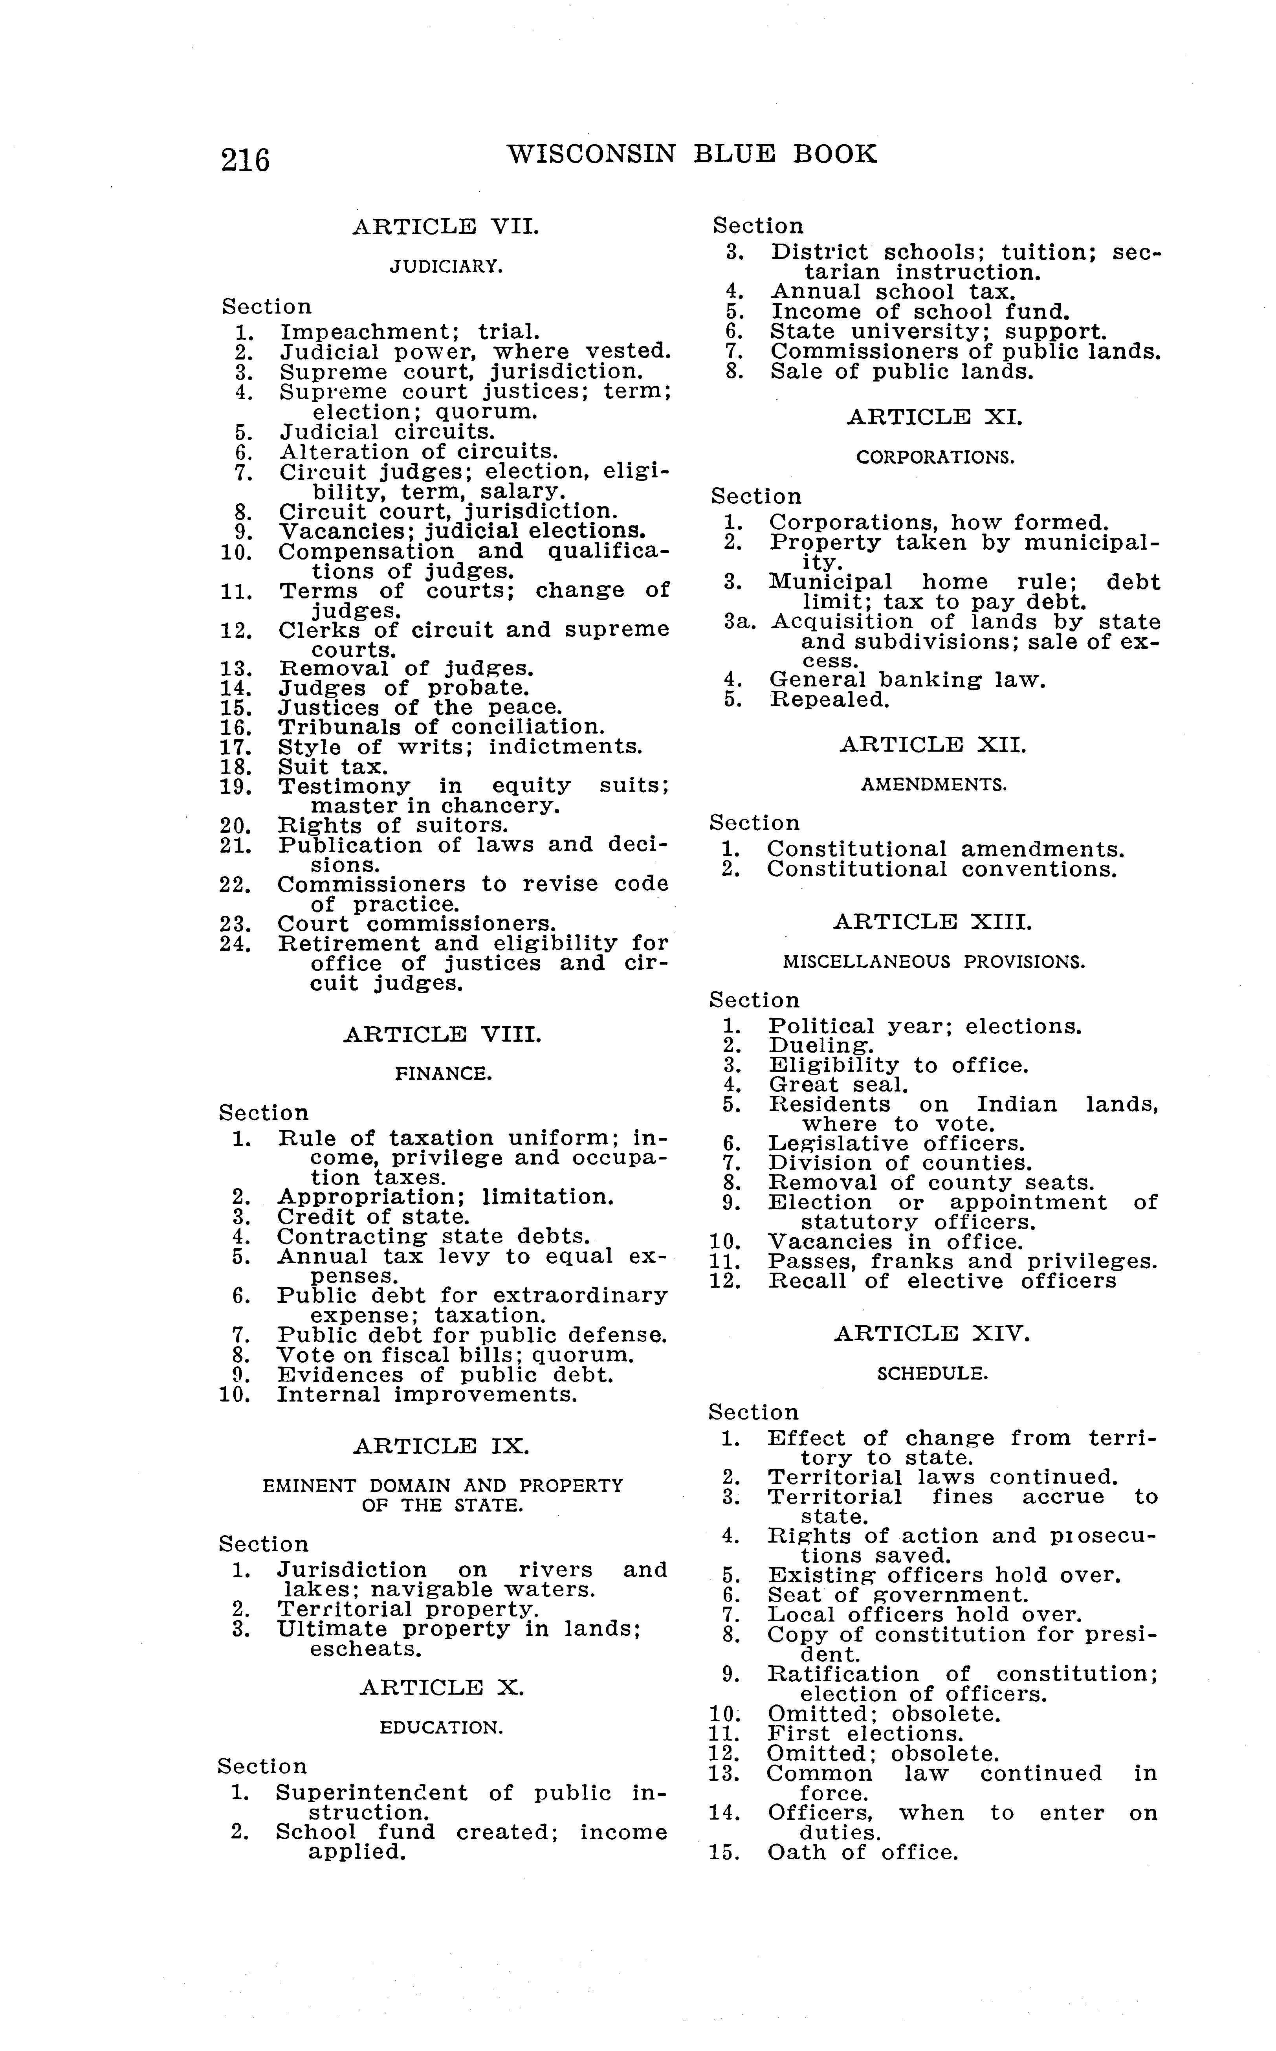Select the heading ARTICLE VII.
[x=445, y=227]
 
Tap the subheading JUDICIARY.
[x=445, y=267]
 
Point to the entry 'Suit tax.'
[x=332, y=767]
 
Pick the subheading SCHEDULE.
[x=932, y=1373]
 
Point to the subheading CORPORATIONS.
[x=935, y=457]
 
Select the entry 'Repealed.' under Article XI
[x=830, y=700]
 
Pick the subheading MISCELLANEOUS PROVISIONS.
[x=933, y=961]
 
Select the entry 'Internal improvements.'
[x=427, y=1394]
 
